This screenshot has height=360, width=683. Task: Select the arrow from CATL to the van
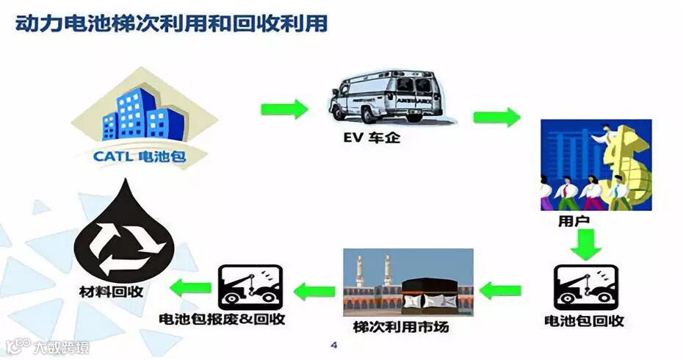pyautogui.click(x=283, y=110)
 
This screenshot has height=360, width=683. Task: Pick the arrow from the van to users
pyautogui.click(x=496, y=118)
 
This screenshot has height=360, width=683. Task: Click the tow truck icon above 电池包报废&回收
pyautogui.click(x=245, y=287)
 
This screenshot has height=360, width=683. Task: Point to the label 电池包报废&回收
pyautogui.click(x=223, y=320)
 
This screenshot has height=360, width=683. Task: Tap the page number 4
pyautogui.click(x=334, y=345)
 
